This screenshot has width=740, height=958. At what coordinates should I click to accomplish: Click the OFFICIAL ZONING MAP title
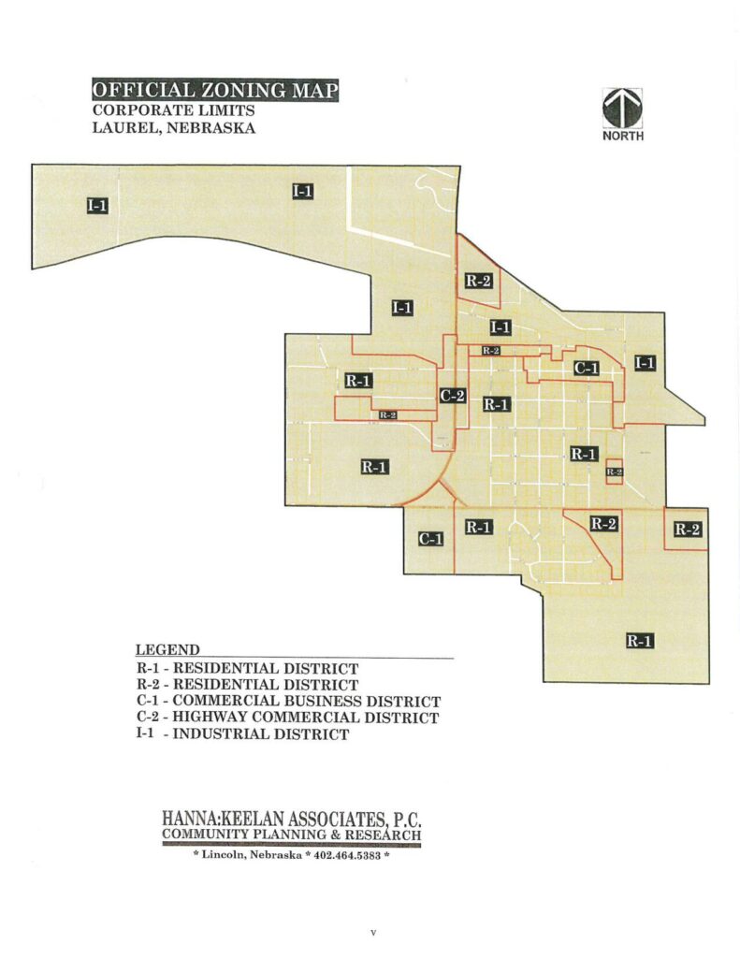click(x=214, y=91)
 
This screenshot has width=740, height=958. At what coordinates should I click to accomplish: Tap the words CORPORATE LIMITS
click(x=173, y=110)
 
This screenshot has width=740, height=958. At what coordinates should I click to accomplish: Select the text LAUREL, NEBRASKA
click(x=173, y=128)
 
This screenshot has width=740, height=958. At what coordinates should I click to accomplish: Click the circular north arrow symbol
click(x=622, y=108)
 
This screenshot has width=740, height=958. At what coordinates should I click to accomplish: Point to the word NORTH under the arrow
click(x=622, y=136)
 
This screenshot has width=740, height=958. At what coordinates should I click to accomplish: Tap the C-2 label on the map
click(x=453, y=395)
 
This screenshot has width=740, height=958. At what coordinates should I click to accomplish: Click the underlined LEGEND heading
click(x=167, y=650)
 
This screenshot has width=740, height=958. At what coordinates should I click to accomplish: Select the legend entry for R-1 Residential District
click(x=247, y=669)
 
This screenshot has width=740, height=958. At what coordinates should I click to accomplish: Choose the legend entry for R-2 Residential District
click(x=247, y=686)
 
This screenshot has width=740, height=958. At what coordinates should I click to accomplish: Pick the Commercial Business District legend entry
click(x=288, y=702)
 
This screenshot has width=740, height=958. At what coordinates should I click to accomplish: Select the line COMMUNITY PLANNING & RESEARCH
click(x=291, y=835)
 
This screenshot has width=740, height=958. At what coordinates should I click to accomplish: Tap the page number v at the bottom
click(x=372, y=933)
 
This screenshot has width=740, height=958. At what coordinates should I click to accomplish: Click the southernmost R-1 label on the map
click(x=639, y=642)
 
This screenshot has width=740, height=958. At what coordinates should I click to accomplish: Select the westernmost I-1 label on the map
click(x=97, y=206)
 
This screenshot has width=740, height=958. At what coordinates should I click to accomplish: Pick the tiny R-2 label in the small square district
click(x=615, y=472)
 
